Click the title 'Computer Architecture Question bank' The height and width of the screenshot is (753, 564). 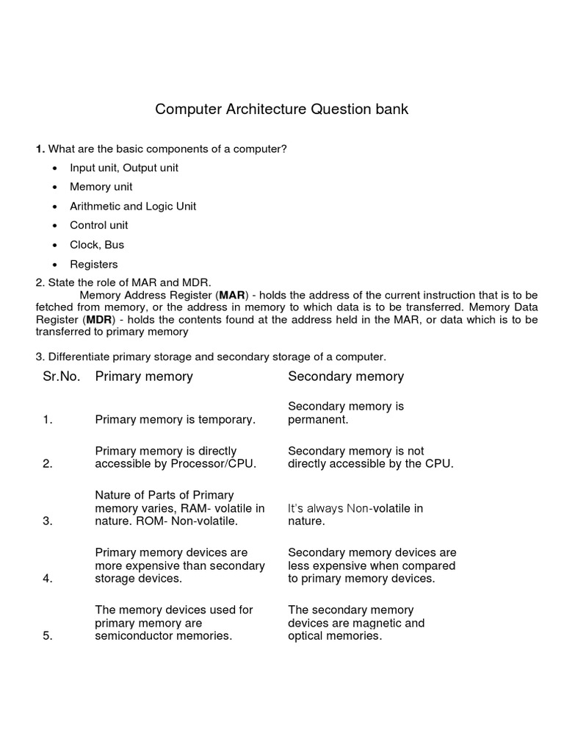click(x=281, y=110)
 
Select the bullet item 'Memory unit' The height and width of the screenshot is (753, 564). click(x=101, y=187)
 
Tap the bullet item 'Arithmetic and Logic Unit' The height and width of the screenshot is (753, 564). click(x=133, y=206)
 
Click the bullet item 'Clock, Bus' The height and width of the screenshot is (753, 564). click(x=97, y=245)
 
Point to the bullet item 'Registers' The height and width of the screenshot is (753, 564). click(x=94, y=264)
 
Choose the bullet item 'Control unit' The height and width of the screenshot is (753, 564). click(x=99, y=226)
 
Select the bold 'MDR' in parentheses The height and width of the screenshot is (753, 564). click(x=99, y=320)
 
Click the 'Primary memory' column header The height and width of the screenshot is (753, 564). click(x=144, y=376)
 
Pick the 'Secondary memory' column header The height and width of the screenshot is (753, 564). click(x=346, y=376)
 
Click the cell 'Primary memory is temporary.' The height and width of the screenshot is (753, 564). click(x=176, y=420)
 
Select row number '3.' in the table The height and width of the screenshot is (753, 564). click(x=48, y=521)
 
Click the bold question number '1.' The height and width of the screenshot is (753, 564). click(x=40, y=149)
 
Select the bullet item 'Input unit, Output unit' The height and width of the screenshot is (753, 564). click(x=124, y=168)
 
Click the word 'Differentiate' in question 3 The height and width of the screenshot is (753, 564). click(x=79, y=357)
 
